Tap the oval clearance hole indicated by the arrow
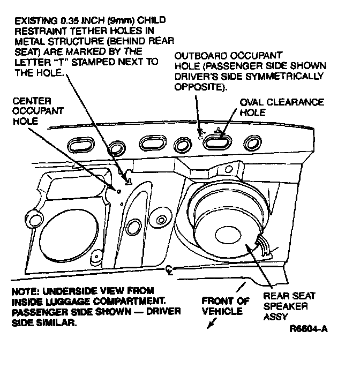pos(217,141)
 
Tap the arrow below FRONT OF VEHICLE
pos(211,324)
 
